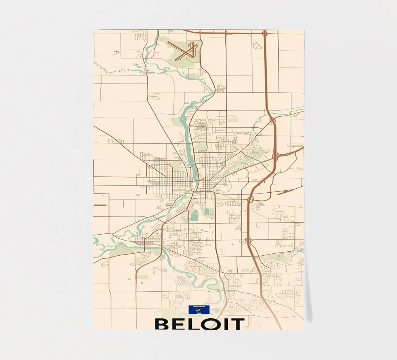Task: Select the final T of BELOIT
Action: click(237, 324)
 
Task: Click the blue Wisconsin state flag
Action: click(199, 310)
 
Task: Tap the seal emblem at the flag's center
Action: click(199, 310)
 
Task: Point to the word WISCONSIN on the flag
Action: click(199, 307)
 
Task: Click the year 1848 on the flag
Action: click(199, 313)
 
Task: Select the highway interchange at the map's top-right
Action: click(265, 34)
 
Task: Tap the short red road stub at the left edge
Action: click(100, 205)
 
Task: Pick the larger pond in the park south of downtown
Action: click(194, 216)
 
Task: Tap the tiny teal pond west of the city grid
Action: click(138, 195)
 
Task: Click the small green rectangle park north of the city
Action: click(233, 120)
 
